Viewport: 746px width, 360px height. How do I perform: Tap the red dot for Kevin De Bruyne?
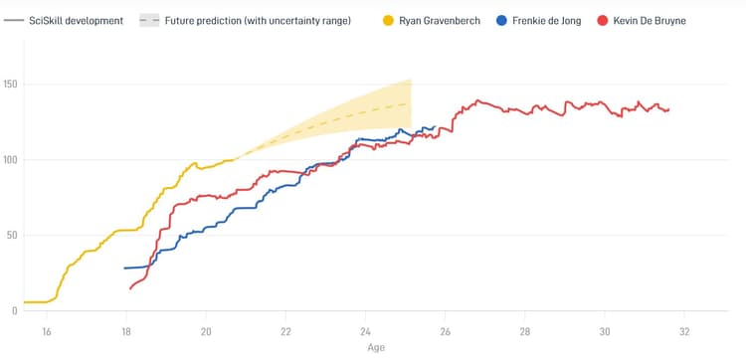click(x=605, y=20)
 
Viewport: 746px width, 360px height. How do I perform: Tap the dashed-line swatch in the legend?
click(x=148, y=20)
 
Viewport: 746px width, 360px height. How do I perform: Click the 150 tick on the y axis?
click(x=10, y=84)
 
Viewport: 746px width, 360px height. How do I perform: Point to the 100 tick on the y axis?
click(x=10, y=159)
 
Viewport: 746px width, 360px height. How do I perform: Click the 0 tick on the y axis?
click(x=15, y=310)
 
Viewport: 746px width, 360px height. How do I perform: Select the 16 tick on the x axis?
click(x=46, y=332)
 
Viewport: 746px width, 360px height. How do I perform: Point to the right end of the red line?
click(x=668, y=109)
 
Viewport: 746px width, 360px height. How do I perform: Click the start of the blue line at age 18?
click(x=125, y=269)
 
